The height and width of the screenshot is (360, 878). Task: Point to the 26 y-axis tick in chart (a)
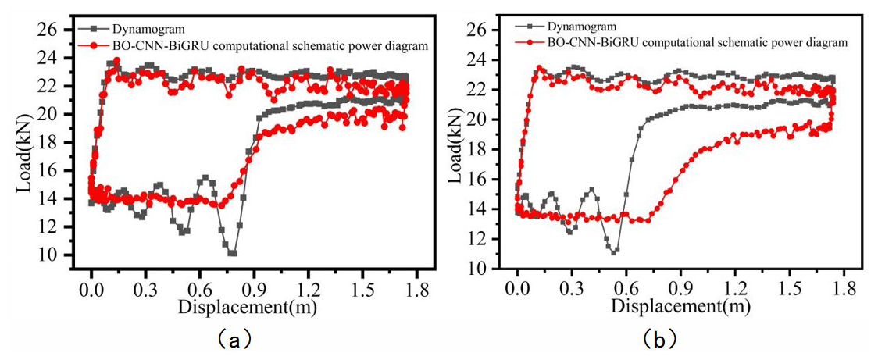[x=48, y=30]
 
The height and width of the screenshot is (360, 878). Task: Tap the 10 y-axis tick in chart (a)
[x=48, y=255]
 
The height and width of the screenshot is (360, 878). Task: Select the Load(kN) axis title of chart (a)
[x=24, y=144]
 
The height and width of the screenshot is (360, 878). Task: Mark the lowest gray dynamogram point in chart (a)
[x=232, y=253]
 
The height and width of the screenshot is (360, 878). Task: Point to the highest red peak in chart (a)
[x=116, y=60]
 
